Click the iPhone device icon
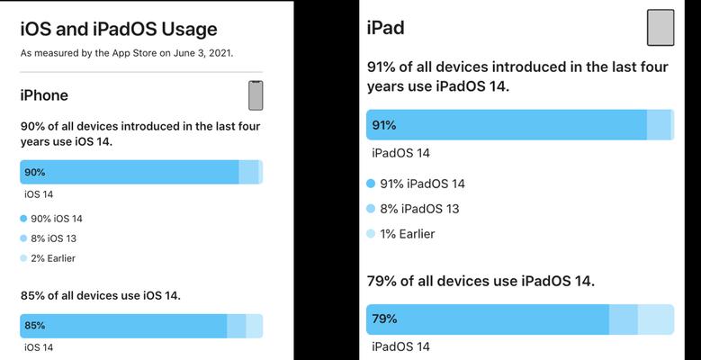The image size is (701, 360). (x=256, y=95)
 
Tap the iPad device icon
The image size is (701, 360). (x=661, y=28)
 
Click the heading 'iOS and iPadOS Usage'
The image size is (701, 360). (x=119, y=30)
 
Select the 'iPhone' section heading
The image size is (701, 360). (x=44, y=95)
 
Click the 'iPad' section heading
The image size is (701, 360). (x=385, y=28)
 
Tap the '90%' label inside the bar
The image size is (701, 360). (x=35, y=172)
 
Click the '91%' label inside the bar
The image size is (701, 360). (x=384, y=125)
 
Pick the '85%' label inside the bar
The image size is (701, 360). (x=35, y=326)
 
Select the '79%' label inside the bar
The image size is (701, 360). (x=384, y=319)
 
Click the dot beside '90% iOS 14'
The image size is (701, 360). (x=23, y=219)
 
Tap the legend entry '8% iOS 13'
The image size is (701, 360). (x=49, y=238)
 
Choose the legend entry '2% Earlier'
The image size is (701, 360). (x=48, y=258)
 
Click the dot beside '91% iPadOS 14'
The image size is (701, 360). (x=371, y=184)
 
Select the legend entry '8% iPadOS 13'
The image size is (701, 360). (x=413, y=209)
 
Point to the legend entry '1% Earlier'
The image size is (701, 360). (x=400, y=234)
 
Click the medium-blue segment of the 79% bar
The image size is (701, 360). (x=624, y=319)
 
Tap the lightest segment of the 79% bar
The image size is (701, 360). (x=656, y=319)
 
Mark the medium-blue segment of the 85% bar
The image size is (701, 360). (x=237, y=326)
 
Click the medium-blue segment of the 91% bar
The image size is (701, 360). (x=659, y=125)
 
